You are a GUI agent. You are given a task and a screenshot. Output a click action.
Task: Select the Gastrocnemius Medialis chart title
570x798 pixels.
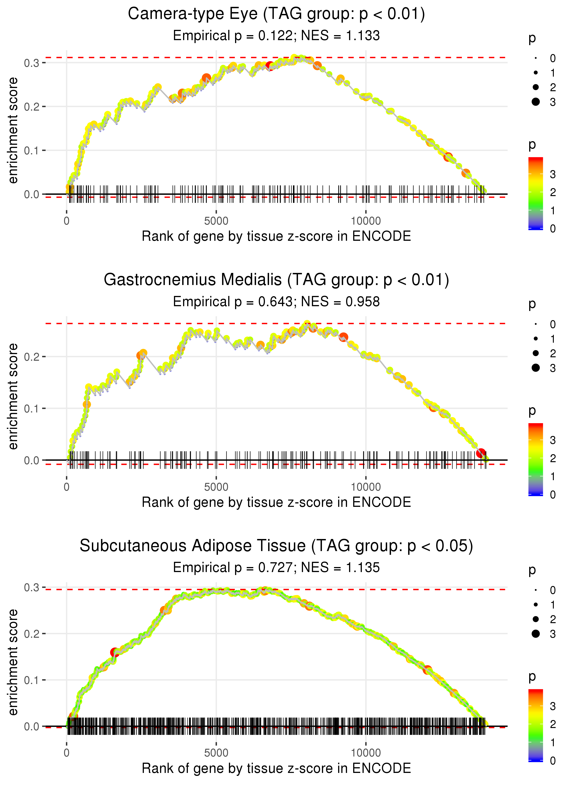(276, 280)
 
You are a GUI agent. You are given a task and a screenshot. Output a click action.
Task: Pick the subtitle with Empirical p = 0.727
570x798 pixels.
(276, 567)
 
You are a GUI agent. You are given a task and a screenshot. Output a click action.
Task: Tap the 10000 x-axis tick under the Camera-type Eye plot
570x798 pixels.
(366, 221)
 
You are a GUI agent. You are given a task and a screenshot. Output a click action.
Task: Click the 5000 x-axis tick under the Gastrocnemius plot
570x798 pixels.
(216, 487)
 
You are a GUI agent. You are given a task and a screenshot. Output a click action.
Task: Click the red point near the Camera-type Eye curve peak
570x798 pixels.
(269, 66)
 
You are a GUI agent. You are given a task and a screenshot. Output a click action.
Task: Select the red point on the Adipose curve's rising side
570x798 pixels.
(114, 652)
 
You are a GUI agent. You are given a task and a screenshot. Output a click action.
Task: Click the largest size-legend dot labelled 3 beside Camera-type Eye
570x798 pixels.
(536, 102)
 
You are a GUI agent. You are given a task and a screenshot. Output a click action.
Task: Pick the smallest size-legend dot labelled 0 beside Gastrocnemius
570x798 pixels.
(536, 324)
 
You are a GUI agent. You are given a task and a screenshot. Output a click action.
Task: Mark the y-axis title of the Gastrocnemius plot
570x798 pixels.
(13, 396)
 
